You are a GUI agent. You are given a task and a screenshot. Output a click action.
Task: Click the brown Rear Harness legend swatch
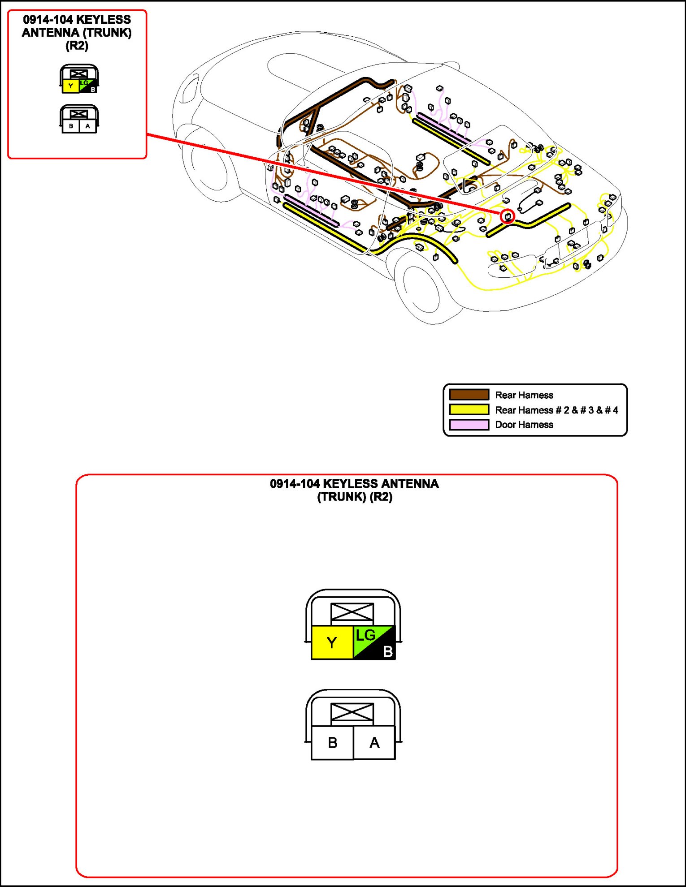click(x=469, y=395)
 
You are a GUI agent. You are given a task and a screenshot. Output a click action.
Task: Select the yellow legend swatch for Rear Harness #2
click(x=469, y=409)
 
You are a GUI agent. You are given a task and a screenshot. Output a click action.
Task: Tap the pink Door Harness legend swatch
click(x=469, y=424)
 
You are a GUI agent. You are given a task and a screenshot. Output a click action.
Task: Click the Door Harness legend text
click(x=524, y=425)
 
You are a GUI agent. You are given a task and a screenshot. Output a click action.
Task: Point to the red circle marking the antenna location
click(x=508, y=216)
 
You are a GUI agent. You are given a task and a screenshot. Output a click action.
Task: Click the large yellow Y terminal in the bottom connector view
click(x=332, y=642)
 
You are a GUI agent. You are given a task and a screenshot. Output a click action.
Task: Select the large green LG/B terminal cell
click(x=374, y=642)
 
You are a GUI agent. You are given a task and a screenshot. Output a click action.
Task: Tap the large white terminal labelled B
click(x=332, y=743)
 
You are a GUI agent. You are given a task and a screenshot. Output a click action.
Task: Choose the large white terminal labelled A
click(x=374, y=743)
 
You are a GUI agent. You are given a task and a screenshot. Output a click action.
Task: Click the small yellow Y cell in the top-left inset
click(x=70, y=86)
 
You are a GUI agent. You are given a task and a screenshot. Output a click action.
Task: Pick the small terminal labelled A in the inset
click(x=87, y=126)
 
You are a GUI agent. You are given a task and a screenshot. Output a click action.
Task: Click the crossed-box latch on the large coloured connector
click(x=352, y=612)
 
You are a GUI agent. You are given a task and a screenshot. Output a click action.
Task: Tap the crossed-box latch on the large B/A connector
click(x=352, y=712)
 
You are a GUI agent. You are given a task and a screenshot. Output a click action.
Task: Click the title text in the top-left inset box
click(x=77, y=32)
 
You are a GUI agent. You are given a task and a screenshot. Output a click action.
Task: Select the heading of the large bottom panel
click(x=354, y=490)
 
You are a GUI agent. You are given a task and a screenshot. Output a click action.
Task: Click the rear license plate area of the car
click(x=573, y=242)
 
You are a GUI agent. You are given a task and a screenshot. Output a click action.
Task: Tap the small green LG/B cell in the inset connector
click(x=88, y=86)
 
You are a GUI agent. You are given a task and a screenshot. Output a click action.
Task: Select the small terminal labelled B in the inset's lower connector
click(x=71, y=126)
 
